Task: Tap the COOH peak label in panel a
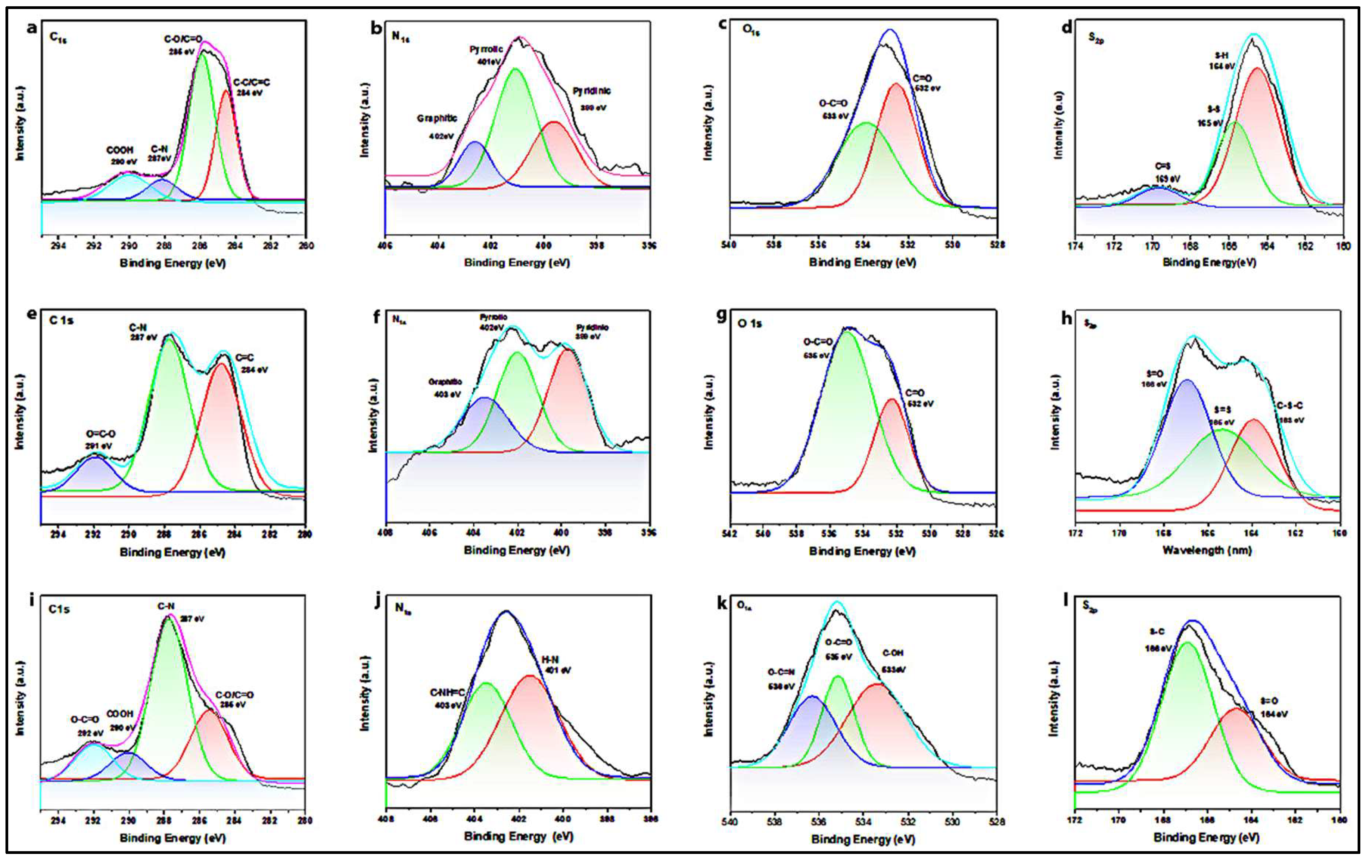click(120, 150)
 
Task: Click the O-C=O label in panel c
click(833, 104)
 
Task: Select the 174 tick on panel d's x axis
click(1075, 246)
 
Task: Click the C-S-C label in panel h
click(1290, 406)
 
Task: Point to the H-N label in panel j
click(550, 660)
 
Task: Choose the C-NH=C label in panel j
click(447, 693)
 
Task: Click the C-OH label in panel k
click(893, 653)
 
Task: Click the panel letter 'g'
click(722, 316)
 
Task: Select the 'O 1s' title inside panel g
click(750, 324)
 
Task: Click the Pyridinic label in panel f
click(592, 327)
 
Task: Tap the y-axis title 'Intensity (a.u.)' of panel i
click(20, 698)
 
